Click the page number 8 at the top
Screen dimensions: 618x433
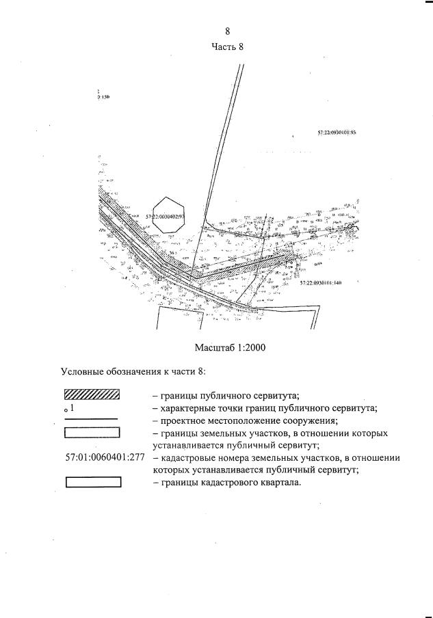[x=227, y=31]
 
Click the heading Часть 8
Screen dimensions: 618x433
[x=227, y=47]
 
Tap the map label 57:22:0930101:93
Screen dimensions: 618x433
[x=337, y=133]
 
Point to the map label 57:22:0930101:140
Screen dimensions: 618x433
[x=320, y=282]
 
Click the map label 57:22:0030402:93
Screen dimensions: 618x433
[x=166, y=217]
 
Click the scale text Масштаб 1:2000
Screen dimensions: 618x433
[x=230, y=347]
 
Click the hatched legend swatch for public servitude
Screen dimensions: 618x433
[x=92, y=394]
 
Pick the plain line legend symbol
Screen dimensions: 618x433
[x=92, y=418]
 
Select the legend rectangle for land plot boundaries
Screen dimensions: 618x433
[x=92, y=432]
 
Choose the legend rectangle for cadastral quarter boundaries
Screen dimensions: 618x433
[x=93, y=482]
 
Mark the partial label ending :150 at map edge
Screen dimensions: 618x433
[x=103, y=97]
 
